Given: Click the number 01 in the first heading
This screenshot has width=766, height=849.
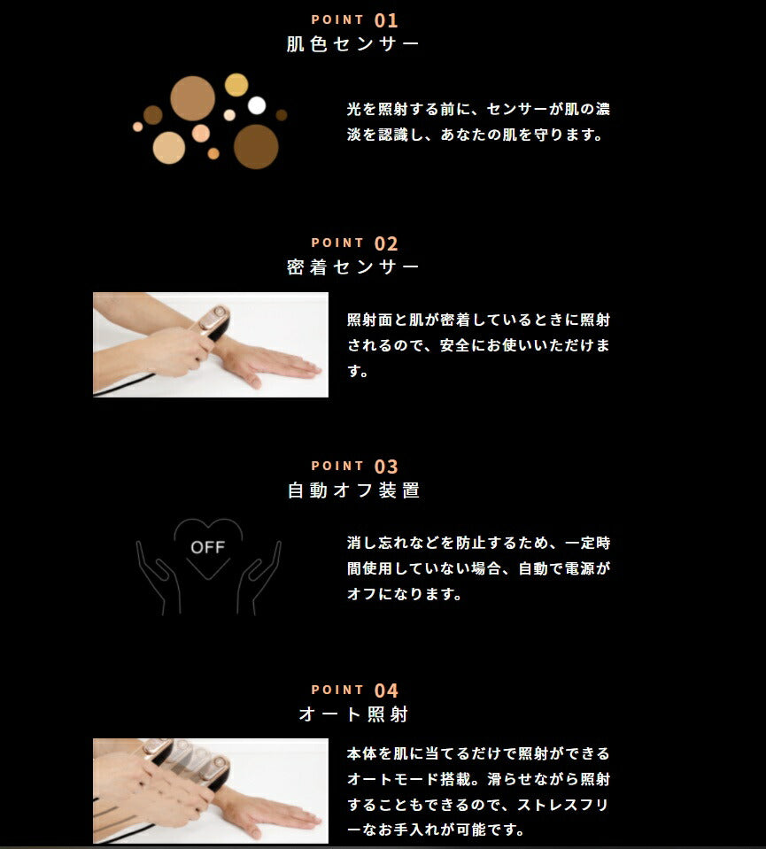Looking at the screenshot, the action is [386, 20].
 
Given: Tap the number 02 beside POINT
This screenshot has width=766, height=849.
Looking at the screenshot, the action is [386, 243].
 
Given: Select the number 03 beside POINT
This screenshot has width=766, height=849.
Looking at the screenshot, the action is [386, 467].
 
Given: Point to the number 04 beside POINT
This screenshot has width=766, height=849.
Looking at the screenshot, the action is [386, 691].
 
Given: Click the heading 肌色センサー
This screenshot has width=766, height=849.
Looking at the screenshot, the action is [352, 44].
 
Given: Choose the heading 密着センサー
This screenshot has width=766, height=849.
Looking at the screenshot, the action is [352, 267].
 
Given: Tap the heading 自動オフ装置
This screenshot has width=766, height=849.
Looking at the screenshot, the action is [353, 490].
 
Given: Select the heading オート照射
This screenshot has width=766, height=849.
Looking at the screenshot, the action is [353, 714].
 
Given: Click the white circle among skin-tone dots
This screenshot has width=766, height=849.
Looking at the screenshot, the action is [257, 105].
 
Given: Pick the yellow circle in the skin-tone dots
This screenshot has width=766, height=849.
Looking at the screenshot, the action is [236, 85].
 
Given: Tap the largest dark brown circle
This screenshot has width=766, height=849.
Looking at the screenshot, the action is [256, 147].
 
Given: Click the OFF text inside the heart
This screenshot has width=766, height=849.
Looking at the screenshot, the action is [207, 547].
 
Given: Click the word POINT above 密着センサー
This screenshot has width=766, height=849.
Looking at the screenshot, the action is [337, 243].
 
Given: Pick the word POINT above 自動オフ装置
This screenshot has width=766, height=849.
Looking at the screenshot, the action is [337, 467].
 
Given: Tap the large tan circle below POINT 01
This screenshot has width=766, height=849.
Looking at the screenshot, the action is [192, 98].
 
